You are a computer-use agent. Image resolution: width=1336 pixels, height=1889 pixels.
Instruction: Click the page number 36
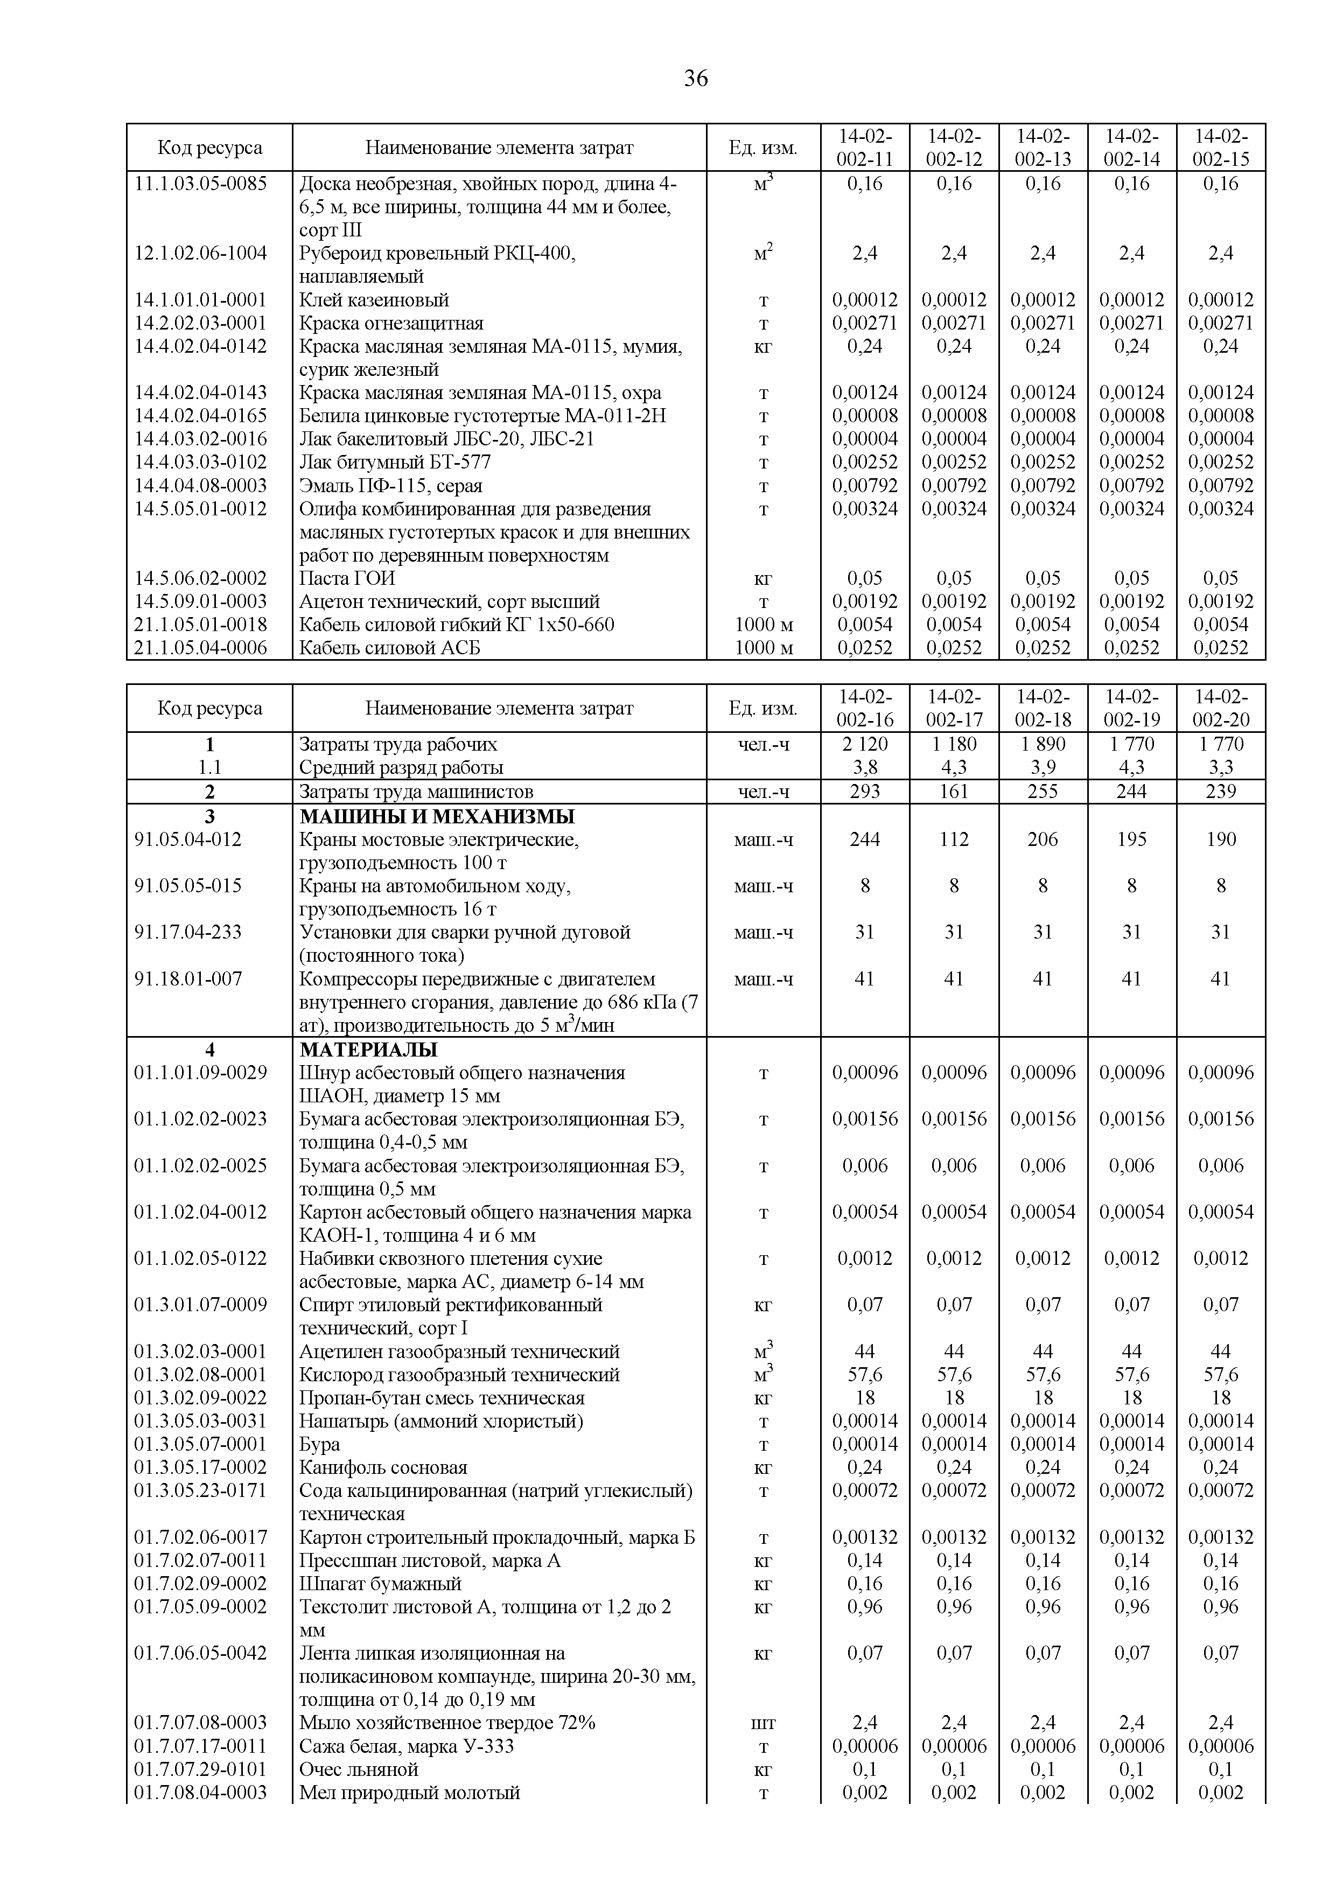click(x=695, y=79)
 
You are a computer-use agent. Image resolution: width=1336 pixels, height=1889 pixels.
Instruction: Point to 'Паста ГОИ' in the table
click(x=347, y=578)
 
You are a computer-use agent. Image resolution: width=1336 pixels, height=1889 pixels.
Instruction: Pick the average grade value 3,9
click(x=1043, y=768)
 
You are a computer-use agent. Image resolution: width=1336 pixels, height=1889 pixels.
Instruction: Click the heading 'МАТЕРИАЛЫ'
click(x=368, y=1051)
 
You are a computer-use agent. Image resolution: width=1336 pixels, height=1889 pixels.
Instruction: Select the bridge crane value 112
click(x=954, y=840)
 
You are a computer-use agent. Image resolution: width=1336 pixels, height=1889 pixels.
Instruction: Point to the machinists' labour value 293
click(x=865, y=792)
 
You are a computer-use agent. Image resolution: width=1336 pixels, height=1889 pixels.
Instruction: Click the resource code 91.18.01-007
click(x=188, y=979)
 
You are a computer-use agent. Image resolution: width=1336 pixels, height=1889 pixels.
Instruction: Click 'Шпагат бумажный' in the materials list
click(x=380, y=1584)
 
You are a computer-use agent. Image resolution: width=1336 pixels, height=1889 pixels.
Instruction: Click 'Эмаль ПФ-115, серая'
click(x=391, y=486)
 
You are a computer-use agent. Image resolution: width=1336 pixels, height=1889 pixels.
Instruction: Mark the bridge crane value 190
click(x=1221, y=840)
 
